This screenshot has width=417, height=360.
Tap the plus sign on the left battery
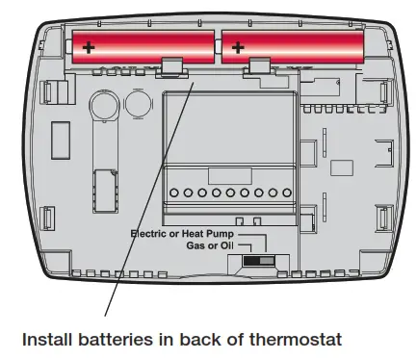pos(89,45)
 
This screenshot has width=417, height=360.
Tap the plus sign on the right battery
pos(238,45)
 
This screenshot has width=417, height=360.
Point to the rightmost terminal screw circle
pos(286,193)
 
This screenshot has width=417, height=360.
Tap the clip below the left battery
pos(171,64)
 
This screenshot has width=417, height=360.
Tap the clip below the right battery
pos(259,65)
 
